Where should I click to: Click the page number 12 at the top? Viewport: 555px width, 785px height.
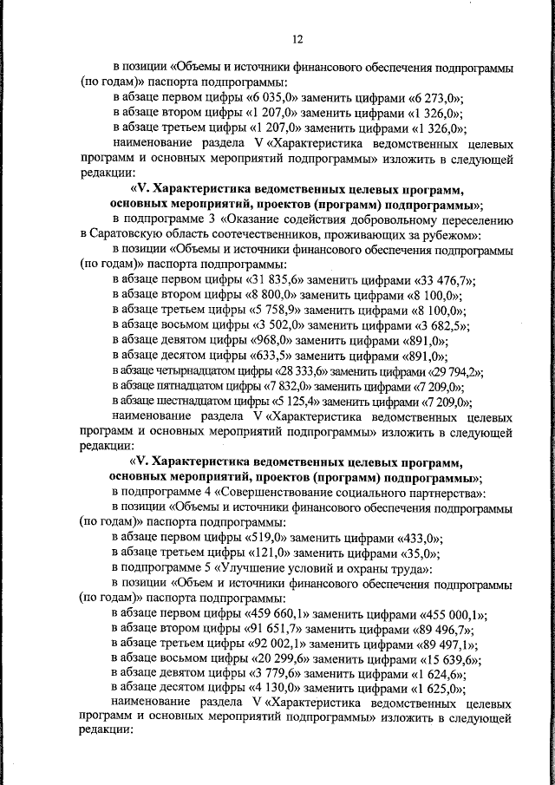click(x=297, y=39)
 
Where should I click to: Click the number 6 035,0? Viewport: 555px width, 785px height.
click(x=275, y=98)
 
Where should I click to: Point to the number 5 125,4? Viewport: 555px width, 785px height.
click(x=297, y=402)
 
